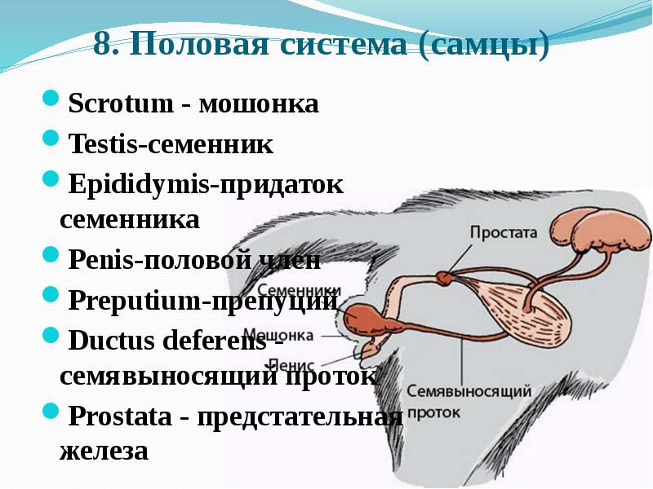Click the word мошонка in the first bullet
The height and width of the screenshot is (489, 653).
click(x=259, y=105)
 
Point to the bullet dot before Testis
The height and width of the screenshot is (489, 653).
click(x=49, y=141)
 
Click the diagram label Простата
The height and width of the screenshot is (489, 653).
click(x=504, y=231)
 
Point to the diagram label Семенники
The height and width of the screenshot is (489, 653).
click(x=298, y=290)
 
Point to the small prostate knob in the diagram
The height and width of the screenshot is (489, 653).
click(x=444, y=277)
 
